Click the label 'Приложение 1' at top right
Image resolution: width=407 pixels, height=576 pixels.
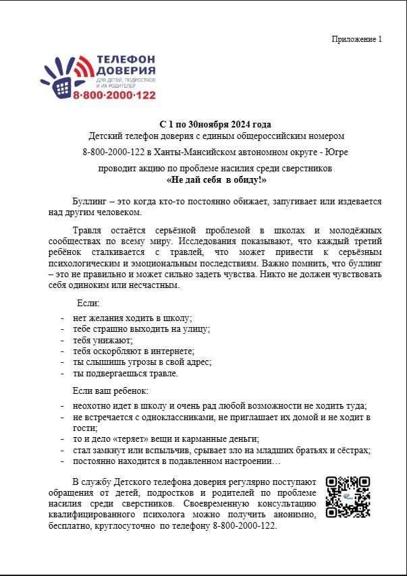pos(356,38)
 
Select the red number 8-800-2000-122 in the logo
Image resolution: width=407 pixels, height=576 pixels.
pos(114,96)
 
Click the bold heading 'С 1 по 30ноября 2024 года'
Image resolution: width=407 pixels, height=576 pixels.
pos(215,124)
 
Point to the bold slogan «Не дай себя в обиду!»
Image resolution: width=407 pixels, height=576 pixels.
pos(216,180)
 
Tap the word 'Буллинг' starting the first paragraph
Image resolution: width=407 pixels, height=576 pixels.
pos(88,201)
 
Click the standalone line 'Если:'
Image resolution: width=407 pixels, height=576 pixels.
pos(88,303)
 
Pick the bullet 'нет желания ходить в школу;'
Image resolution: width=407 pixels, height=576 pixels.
pos(133,318)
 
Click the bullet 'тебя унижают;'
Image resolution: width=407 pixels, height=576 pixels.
pos(103,340)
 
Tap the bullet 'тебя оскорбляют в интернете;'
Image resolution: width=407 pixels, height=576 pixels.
pos(134,351)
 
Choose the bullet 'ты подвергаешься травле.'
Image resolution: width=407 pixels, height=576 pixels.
pos(126,373)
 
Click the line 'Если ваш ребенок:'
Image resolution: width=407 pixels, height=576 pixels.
pos(110,391)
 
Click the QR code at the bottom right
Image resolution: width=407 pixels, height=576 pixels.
pos(348,496)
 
